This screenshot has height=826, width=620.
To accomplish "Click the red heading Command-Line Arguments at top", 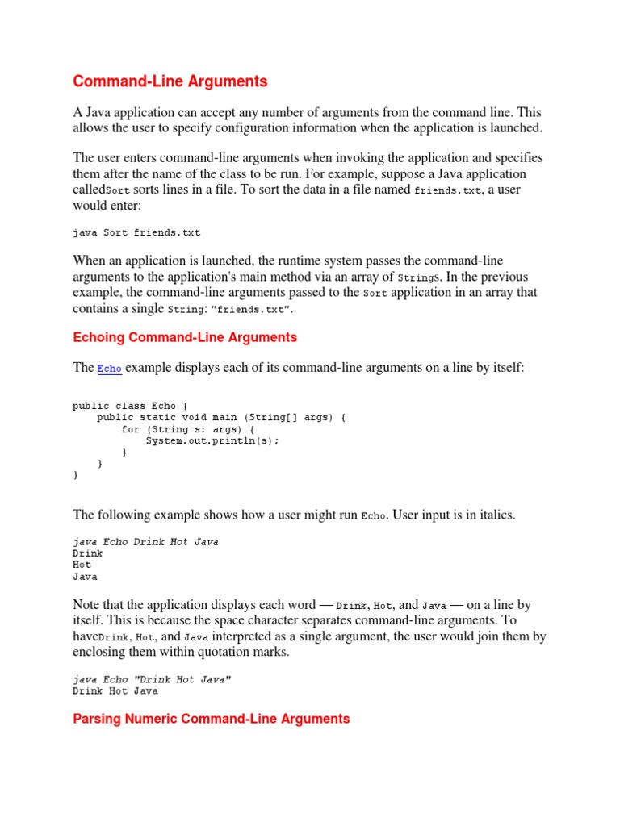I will (x=170, y=81).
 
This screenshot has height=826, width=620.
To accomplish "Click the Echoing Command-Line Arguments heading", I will (x=185, y=337).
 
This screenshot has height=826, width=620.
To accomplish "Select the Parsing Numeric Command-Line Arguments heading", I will (x=212, y=718).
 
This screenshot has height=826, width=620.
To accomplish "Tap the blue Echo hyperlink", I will (x=110, y=369).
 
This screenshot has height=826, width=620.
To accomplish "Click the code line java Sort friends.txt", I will (x=136, y=232).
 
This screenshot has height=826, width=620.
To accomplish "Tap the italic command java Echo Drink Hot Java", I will (x=145, y=542).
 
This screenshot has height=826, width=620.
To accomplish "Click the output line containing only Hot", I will (x=82, y=565).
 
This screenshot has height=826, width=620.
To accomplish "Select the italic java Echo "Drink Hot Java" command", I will (x=152, y=679).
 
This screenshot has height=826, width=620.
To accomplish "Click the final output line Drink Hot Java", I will (x=115, y=690).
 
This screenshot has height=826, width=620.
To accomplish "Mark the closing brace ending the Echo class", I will (x=76, y=475).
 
